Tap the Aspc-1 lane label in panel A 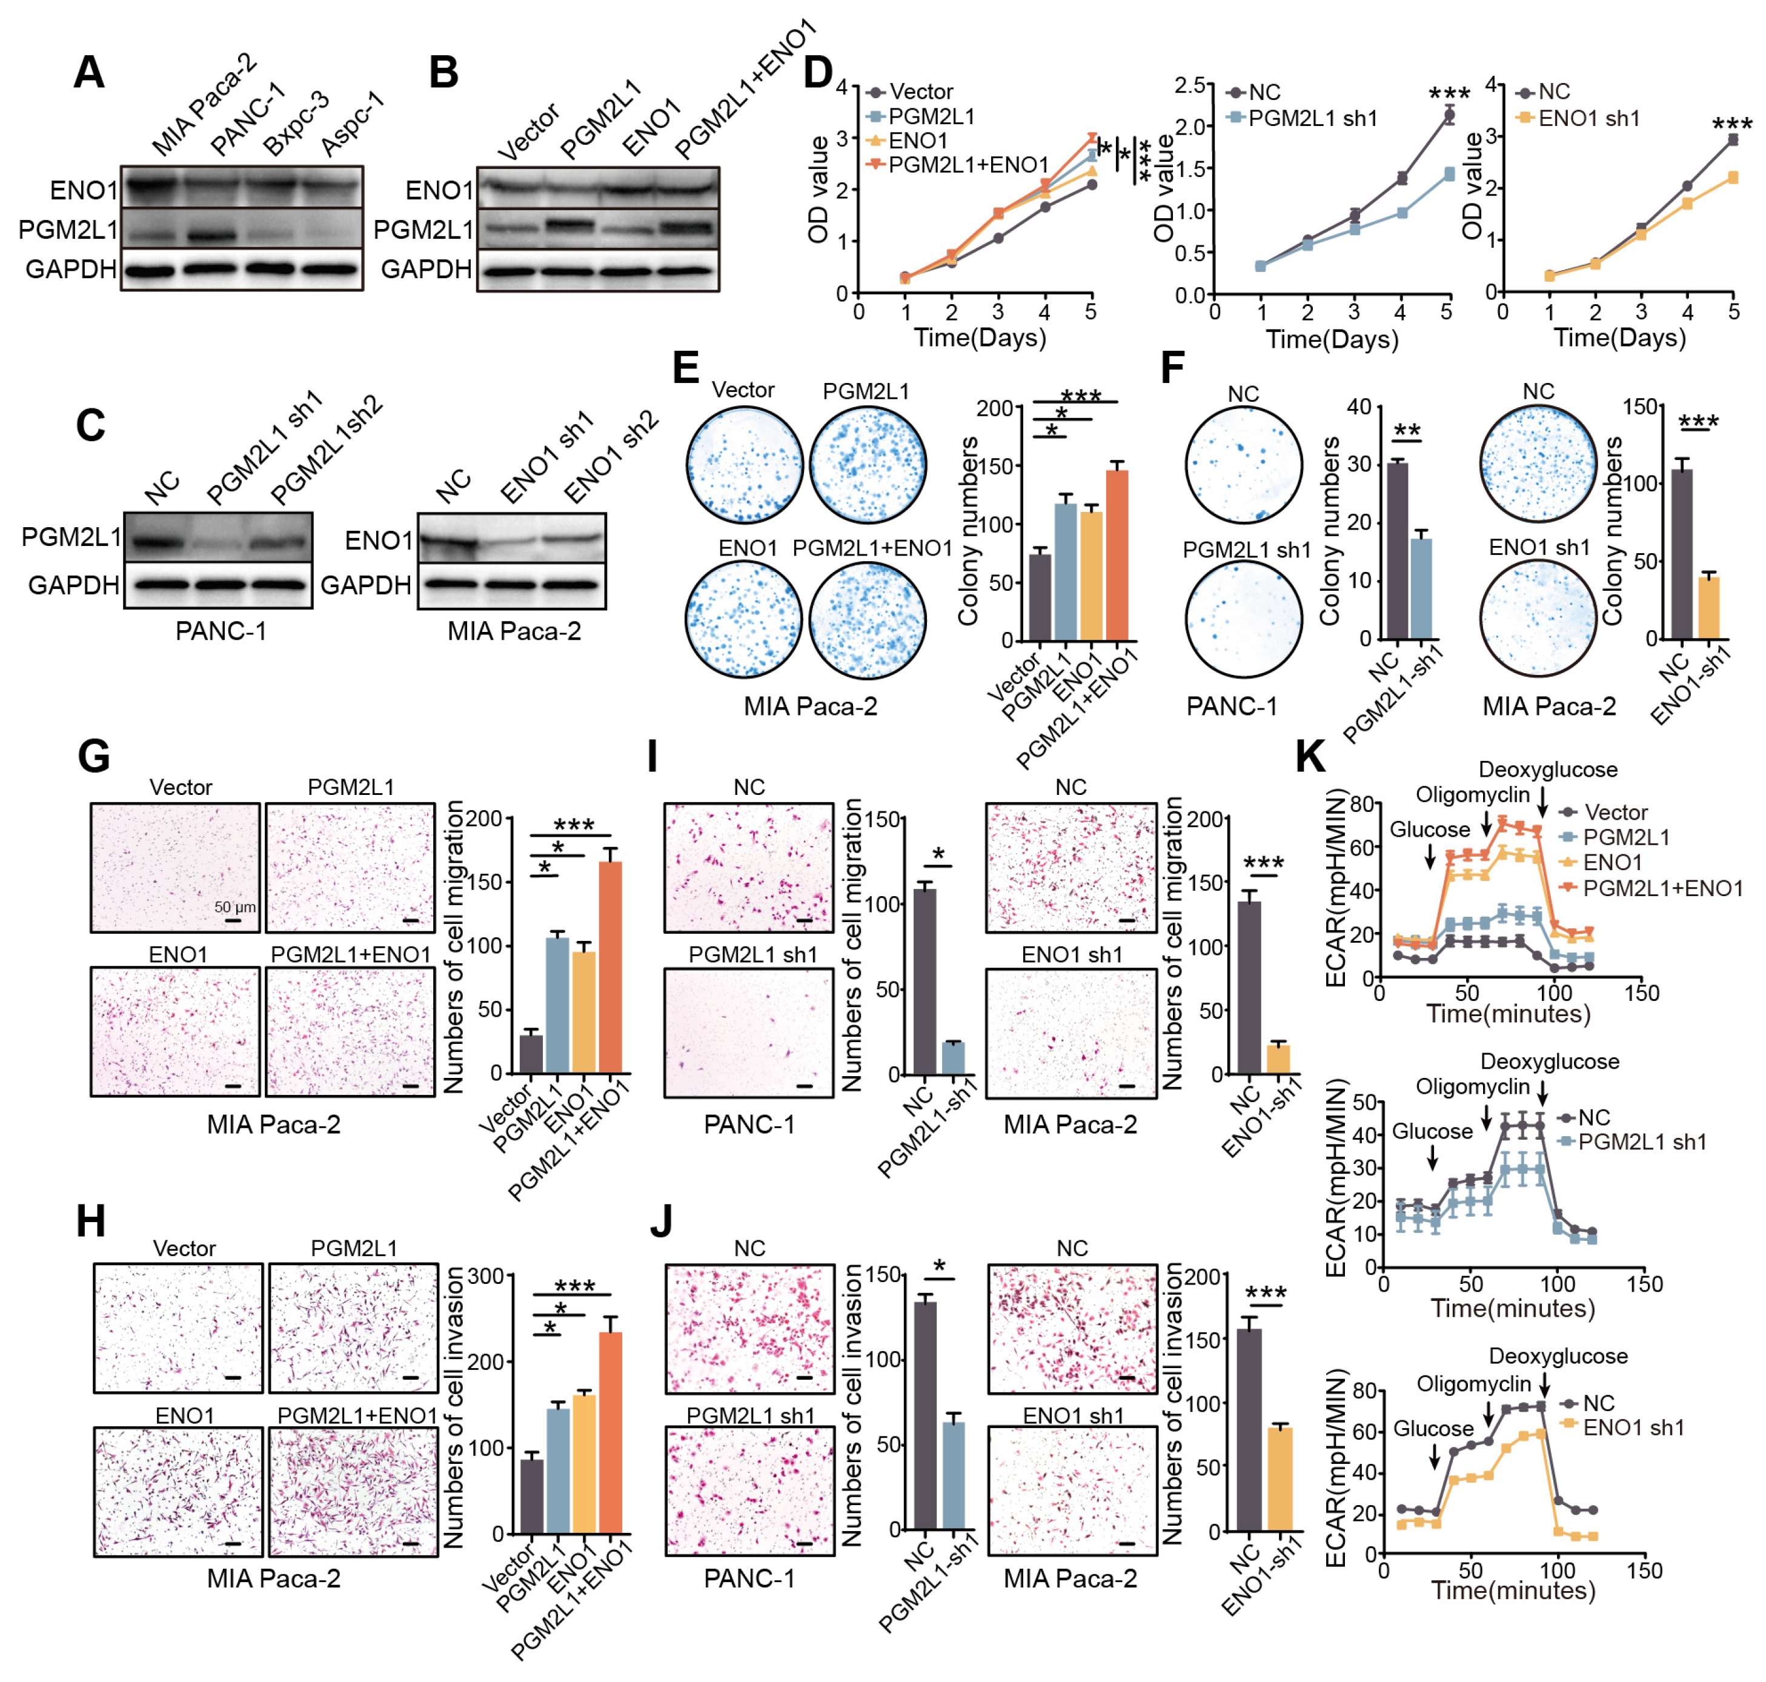click(x=353, y=125)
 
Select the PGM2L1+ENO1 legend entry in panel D click(x=968, y=165)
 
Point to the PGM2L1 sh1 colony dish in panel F click(x=1243, y=620)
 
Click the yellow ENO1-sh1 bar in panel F click(x=1708, y=607)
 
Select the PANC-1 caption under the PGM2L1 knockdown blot click(x=221, y=631)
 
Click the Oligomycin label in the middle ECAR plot click(x=1472, y=1086)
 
